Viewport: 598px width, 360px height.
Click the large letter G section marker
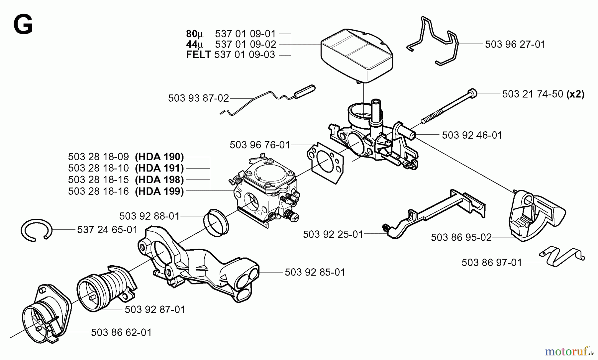[23, 26]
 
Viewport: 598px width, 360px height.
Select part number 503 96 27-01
[515, 44]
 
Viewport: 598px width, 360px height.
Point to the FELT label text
[198, 55]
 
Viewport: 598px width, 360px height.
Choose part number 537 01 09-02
[245, 44]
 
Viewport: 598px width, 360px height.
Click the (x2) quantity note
[575, 94]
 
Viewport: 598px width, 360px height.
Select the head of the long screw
[472, 93]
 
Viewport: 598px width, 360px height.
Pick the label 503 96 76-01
[259, 145]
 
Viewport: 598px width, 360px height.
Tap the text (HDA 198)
[159, 180]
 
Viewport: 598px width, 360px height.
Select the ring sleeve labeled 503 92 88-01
[216, 223]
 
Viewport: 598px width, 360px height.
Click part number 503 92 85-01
[315, 272]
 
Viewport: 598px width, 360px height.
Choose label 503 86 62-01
[121, 332]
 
